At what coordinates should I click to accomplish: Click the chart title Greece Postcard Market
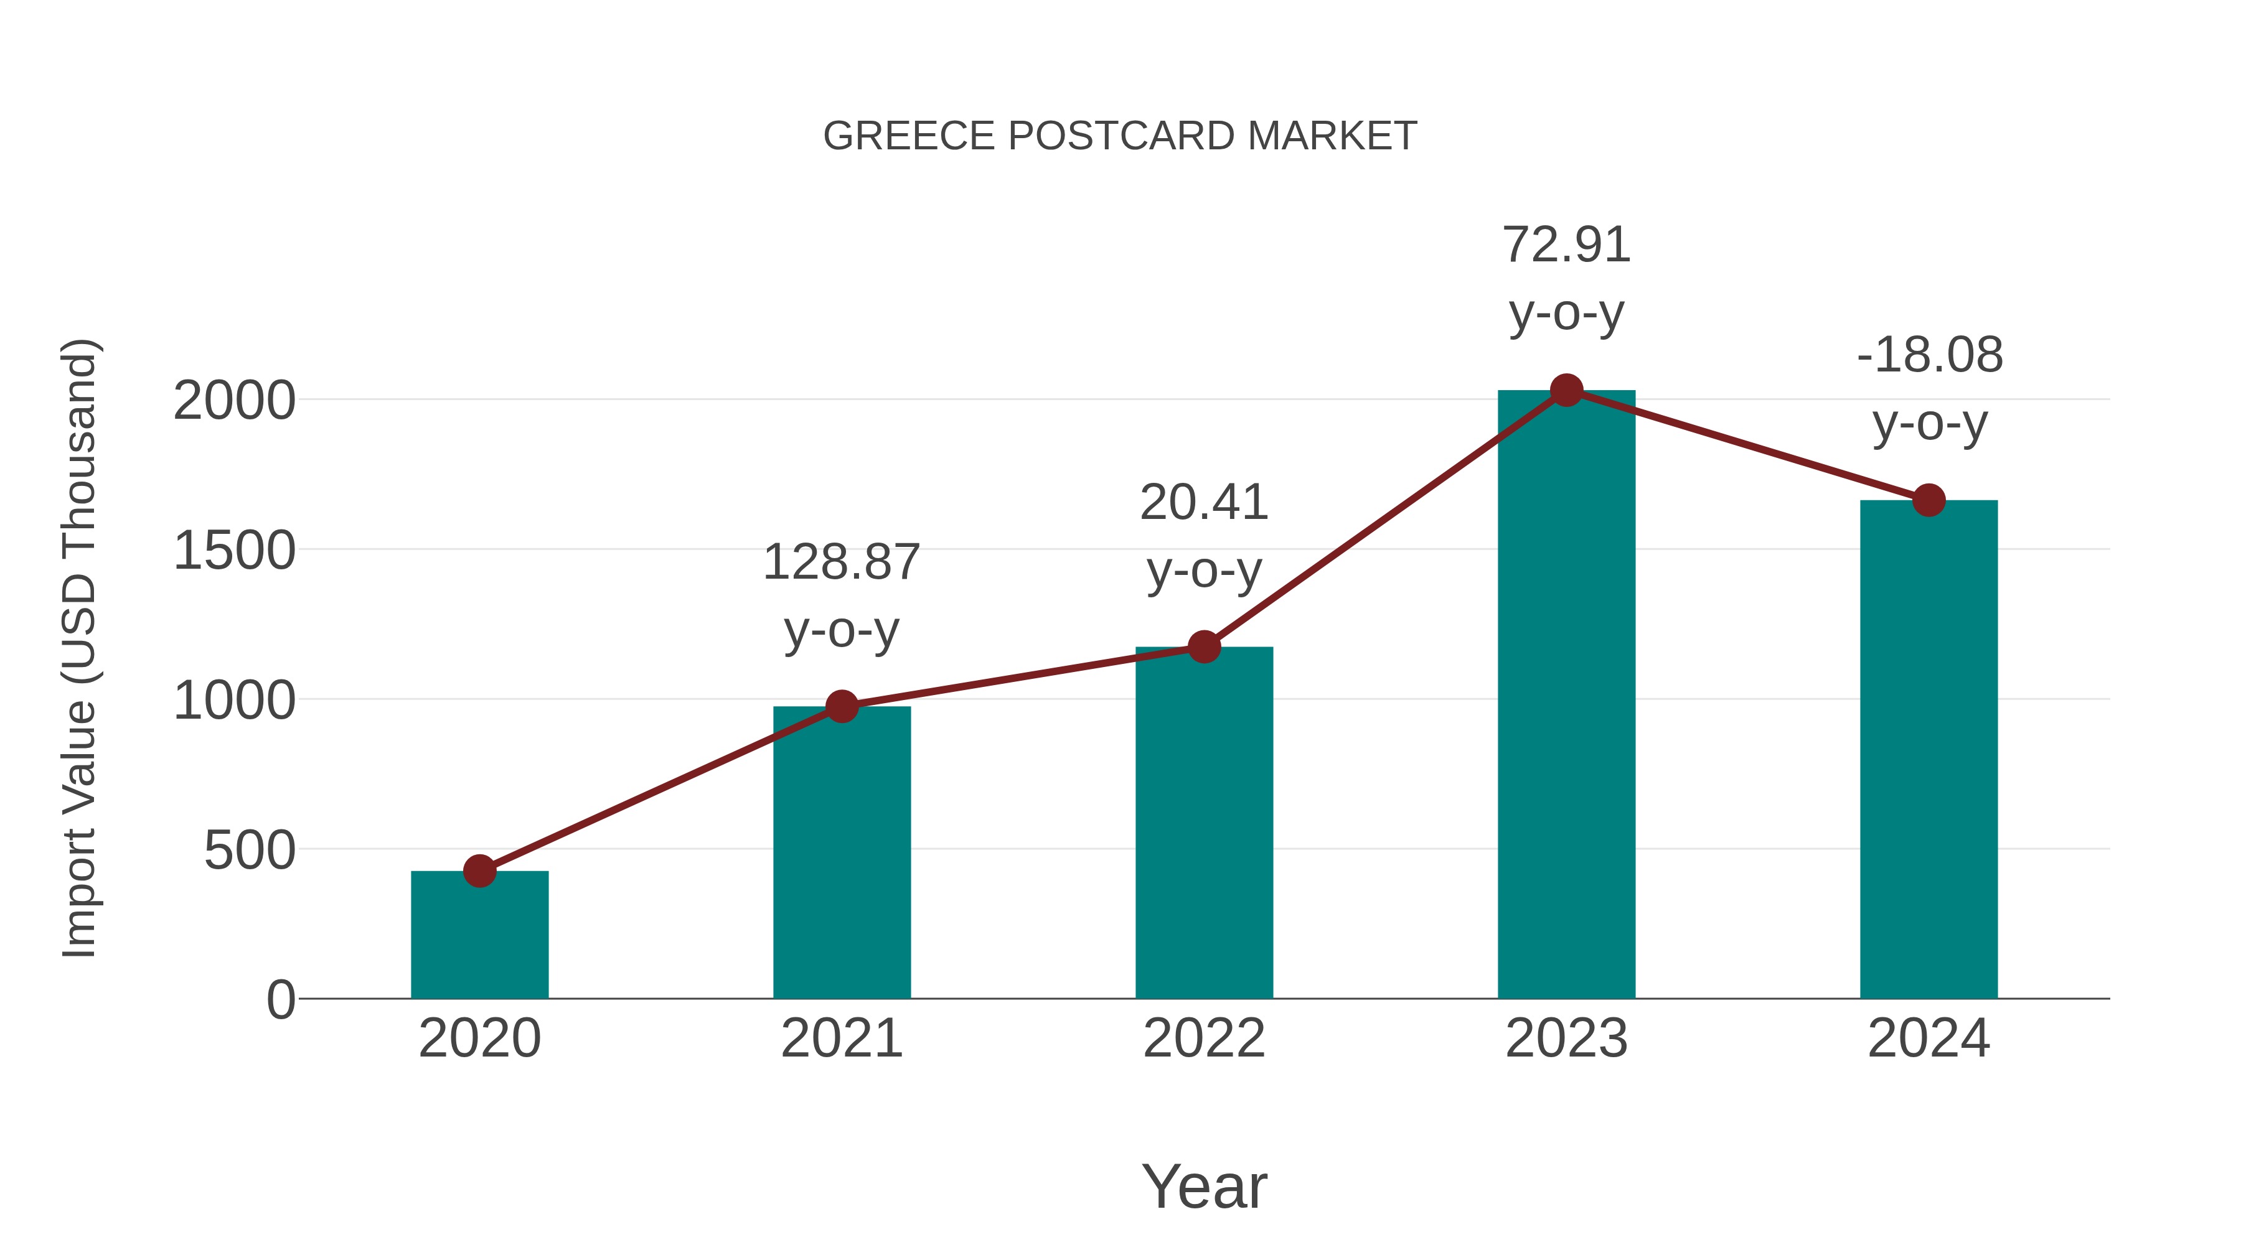tap(1120, 136)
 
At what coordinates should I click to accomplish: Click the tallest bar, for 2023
tap(1566, 696)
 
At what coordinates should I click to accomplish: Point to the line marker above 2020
tap(479, 870)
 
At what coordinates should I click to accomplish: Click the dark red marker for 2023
tap(1566, 390)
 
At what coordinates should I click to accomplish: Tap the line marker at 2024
tap(1929, 500)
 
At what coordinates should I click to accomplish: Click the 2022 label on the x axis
tap(1204, 1038)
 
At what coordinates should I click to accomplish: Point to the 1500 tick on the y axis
tap(234, 551)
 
